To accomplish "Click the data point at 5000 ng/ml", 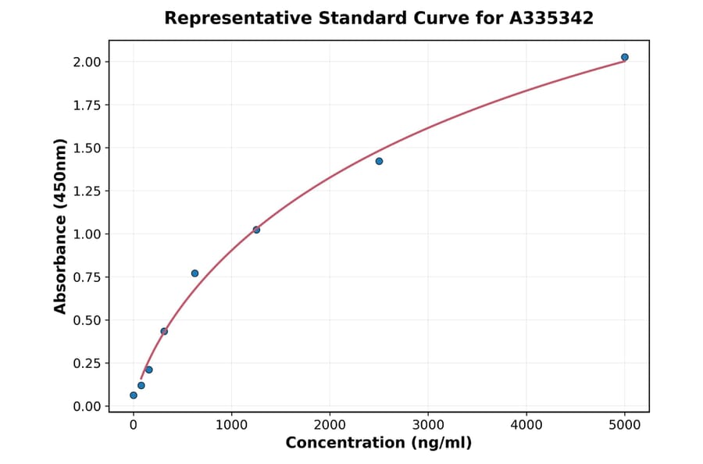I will (624, 57).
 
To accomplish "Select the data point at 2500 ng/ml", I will (379, 161).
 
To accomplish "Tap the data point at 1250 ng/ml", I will (256, 230).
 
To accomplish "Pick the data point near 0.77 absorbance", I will (194, 273).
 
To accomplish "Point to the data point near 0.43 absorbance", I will (164, 331).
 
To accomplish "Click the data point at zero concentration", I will (134, 395).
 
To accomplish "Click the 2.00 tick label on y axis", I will (87, 62).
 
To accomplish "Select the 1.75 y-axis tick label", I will (87, 105).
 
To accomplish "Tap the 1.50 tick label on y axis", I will (87, 148).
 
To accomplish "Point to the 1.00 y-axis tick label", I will (87, 234).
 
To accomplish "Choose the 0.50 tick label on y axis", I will (87, 320).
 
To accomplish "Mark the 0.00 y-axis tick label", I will (87, 406).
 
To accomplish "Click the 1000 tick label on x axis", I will (231, 425).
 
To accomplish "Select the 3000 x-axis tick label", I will (428, 425).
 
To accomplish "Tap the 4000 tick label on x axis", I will (526, 425).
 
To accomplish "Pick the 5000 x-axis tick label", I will (624, 425).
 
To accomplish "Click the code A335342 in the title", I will (551, 18).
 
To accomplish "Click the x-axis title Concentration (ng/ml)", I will (379, 444).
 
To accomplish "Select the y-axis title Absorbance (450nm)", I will (61, 227).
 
